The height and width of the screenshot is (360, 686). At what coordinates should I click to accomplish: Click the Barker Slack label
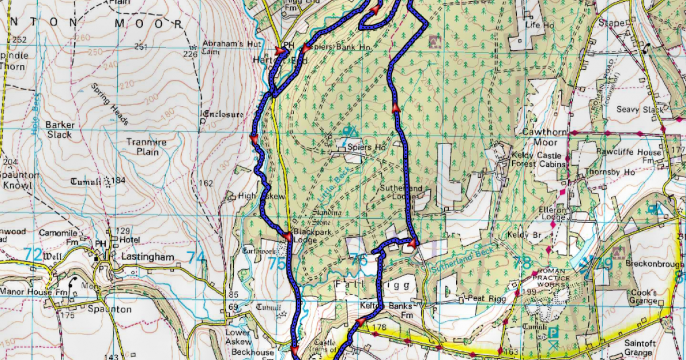click(x=60, y=130)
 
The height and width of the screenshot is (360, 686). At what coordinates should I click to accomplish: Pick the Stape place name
click(x=610, y=23)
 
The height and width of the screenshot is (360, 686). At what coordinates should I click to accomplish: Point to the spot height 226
click(x=190, y=54)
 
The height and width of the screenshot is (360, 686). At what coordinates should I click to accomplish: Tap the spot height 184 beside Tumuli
click(x=118, y=181)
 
